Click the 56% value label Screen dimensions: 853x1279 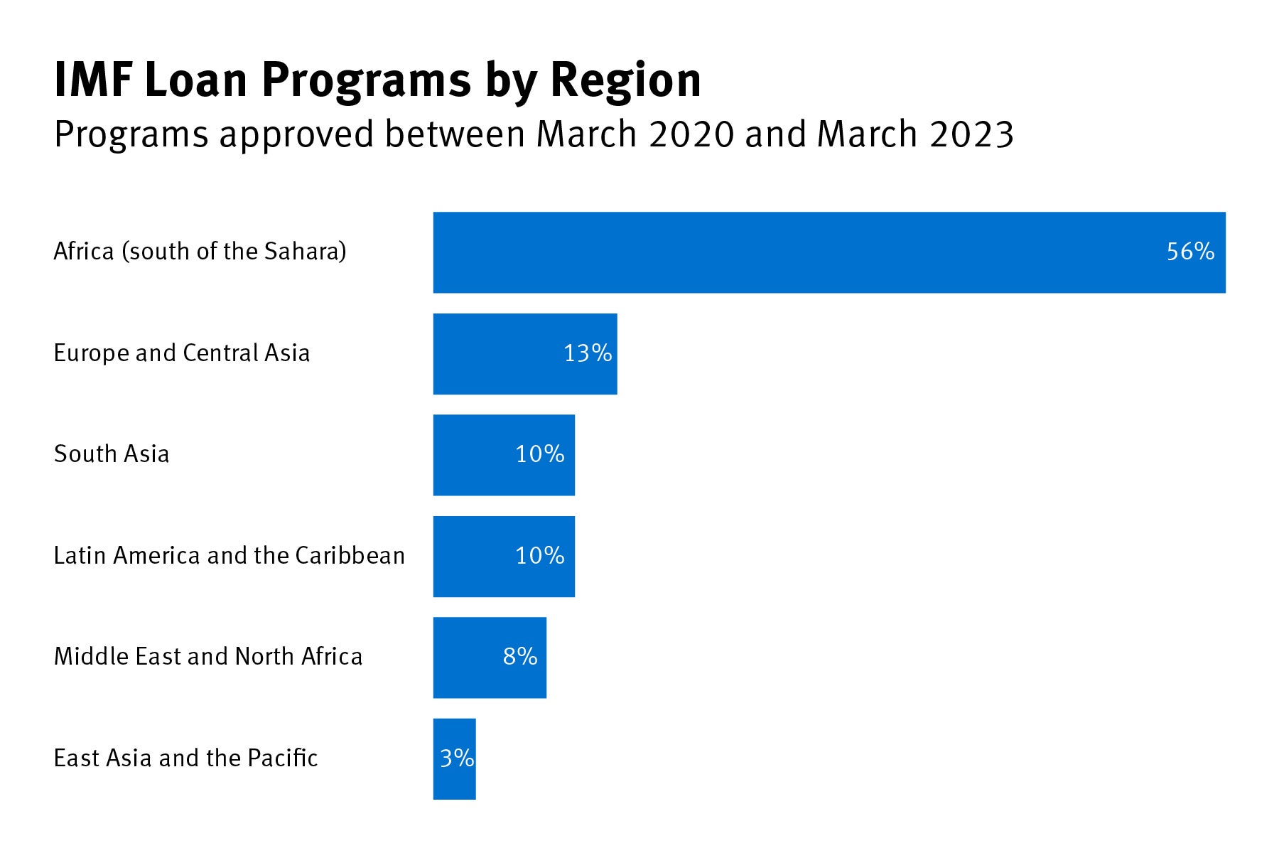[x=1190, y=252]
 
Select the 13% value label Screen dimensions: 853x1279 [x=588, y=353]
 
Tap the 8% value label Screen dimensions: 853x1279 [x=520, y=657]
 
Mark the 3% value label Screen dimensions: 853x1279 [x=457, y=758]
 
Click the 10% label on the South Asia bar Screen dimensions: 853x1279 [x=540, y=454]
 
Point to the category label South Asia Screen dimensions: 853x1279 [x=112, y=454]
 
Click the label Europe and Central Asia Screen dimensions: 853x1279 [x=182, y=353]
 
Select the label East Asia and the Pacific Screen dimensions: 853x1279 [x=185, y=758]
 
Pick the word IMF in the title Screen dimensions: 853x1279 [x=93, y=80]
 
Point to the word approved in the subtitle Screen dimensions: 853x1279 [x=296, y=134]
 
